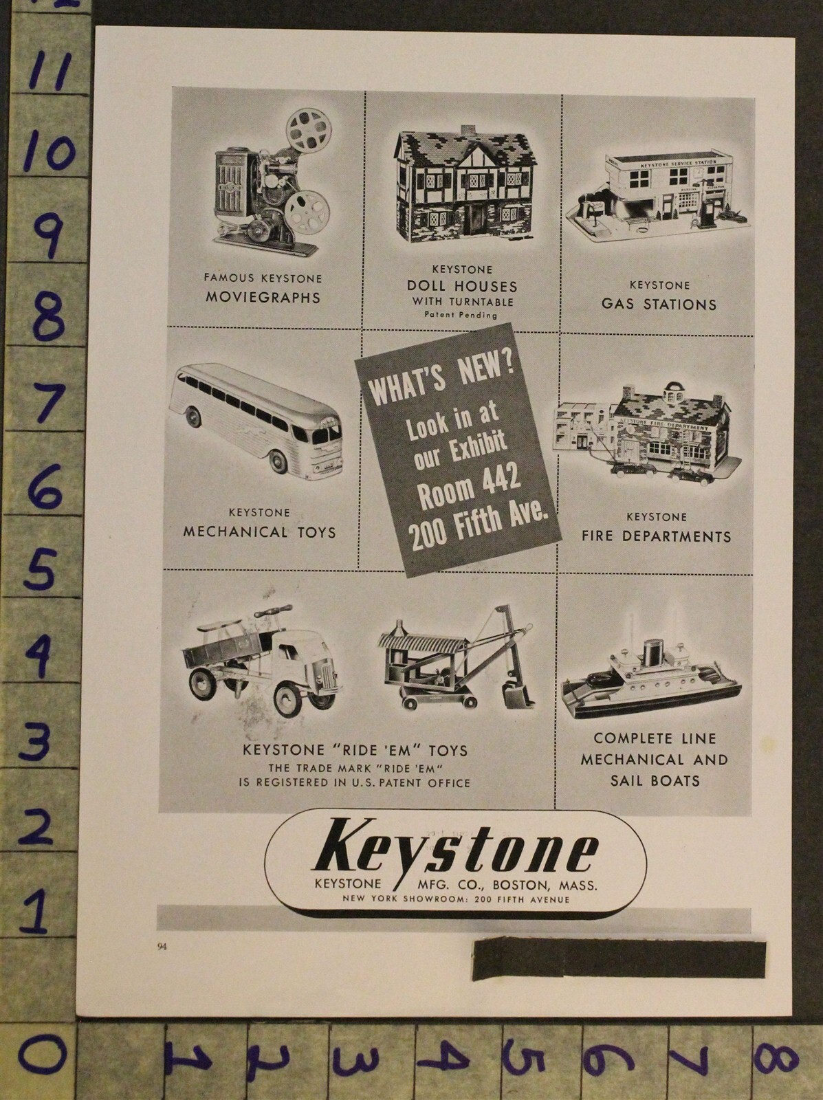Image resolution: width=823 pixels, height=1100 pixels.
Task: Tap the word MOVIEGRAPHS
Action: pyautogui.click(x=263, y=298)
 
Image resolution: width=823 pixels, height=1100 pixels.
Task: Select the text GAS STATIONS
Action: pyautogui.click(x=658, y=304)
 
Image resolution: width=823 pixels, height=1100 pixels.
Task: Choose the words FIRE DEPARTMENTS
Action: pyautogui.click(x=656, y=536)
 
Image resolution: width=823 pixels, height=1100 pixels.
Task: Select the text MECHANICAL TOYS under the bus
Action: pyautogui.click(x=259, y=531)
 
